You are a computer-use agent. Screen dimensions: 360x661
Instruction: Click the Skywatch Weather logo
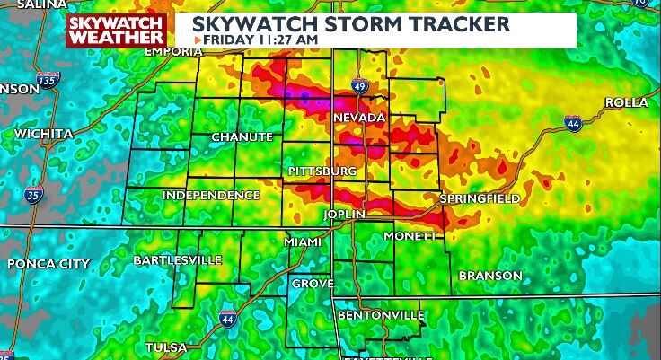point(116,30)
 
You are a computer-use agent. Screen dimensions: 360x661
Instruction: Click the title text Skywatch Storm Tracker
point(356,22)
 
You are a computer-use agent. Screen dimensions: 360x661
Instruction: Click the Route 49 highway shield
point(358,86)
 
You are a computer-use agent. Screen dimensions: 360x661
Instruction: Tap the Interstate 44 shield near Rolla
point(573,123)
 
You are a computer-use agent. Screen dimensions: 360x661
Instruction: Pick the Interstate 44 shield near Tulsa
point(228,319)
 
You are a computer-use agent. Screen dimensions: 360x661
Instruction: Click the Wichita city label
point(43,134)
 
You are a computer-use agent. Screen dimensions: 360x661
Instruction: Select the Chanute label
point(242,136)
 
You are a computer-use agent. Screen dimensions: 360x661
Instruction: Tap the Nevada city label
point(358,119)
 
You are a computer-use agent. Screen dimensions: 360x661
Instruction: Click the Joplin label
point(345,215)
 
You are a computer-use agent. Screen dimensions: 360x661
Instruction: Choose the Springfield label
point(479,198)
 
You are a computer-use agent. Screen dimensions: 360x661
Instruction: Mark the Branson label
point(490,276)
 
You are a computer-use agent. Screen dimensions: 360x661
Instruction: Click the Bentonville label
point(381,316)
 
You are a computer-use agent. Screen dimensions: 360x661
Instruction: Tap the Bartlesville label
point(177,259)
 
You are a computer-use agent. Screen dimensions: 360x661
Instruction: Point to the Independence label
point(211,195)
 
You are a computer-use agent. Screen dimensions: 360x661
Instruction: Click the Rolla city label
point(626,103)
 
